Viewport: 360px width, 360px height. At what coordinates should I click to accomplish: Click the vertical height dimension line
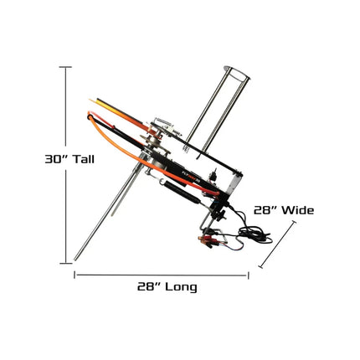67,167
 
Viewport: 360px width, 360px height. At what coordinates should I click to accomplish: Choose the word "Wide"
299,211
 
